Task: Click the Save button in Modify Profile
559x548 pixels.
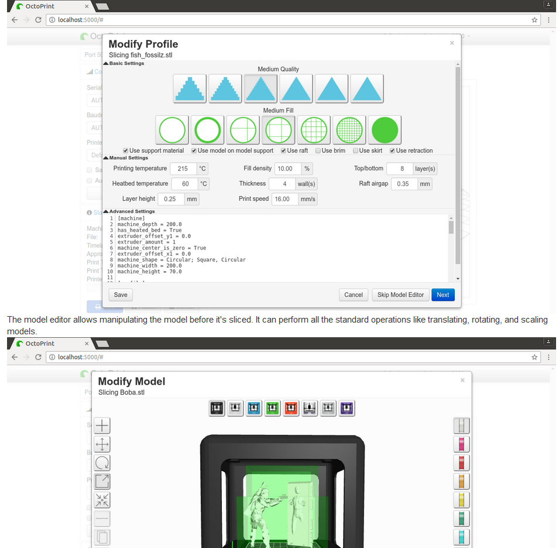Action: [x=121, y=294]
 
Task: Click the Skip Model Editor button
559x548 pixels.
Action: [x=400, y=294]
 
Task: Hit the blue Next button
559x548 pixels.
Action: [x=443, y=294]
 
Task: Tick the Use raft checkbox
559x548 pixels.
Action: [x=284, y=150]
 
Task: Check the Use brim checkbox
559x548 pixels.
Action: [x=318, y=150]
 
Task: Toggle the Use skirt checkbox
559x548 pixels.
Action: [x=355, y=150]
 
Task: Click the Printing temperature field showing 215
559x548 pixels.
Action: [x=183, y=169]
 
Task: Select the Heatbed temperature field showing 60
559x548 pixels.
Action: [x=185, y=184]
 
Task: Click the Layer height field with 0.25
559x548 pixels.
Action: [x=170, y=199]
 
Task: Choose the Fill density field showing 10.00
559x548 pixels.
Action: [x=287, y=169]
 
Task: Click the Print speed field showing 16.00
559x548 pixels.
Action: [x=284, y=199]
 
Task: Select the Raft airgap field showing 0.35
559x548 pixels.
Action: [x=404, y=184]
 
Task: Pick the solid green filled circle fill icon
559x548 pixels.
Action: [x=385, y=130]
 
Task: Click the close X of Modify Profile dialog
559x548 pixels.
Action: [x=451, y=43]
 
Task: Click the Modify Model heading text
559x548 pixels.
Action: [x=132, y=381]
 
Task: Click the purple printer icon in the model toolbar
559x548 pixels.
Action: [x=347, y=408]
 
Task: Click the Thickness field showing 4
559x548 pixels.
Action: [x=284, y=184]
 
